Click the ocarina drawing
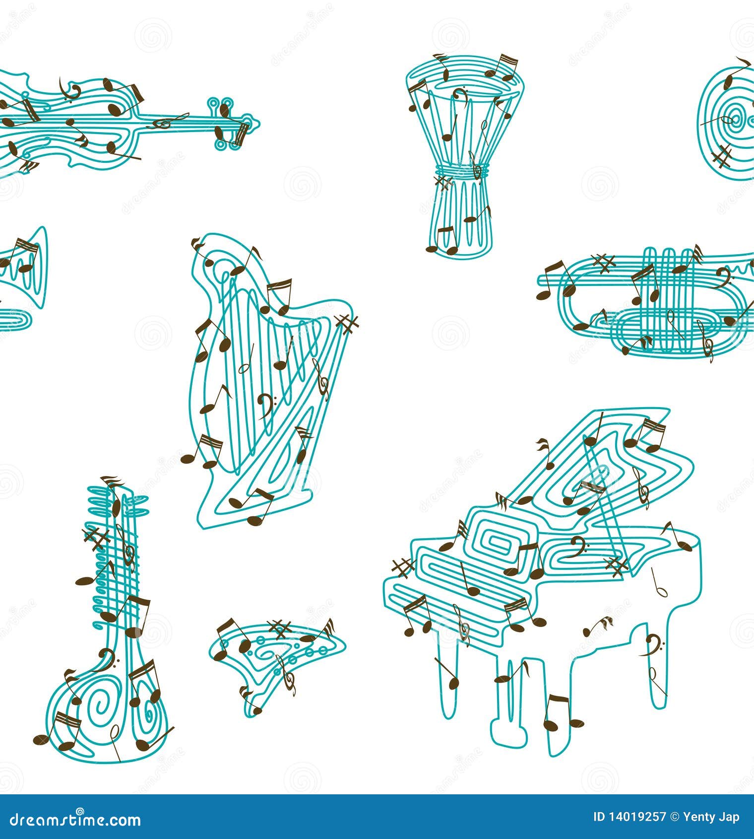(x=275, y=655)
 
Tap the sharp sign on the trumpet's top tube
(x=603, y=263)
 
